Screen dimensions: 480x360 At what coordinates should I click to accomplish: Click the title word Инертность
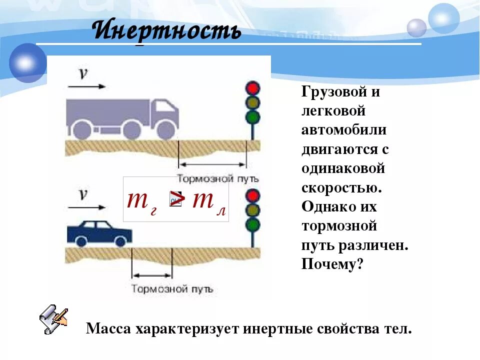tap(167, 31)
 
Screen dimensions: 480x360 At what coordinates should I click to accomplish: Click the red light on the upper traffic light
tap(253, 88)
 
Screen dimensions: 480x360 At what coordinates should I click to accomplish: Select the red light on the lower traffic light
tap(253, 195)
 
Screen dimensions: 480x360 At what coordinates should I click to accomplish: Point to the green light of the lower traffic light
tap(253, 223)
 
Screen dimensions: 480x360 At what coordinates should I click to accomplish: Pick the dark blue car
tap(99, 232)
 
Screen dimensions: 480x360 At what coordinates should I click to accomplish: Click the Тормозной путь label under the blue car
tap(172, 288)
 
